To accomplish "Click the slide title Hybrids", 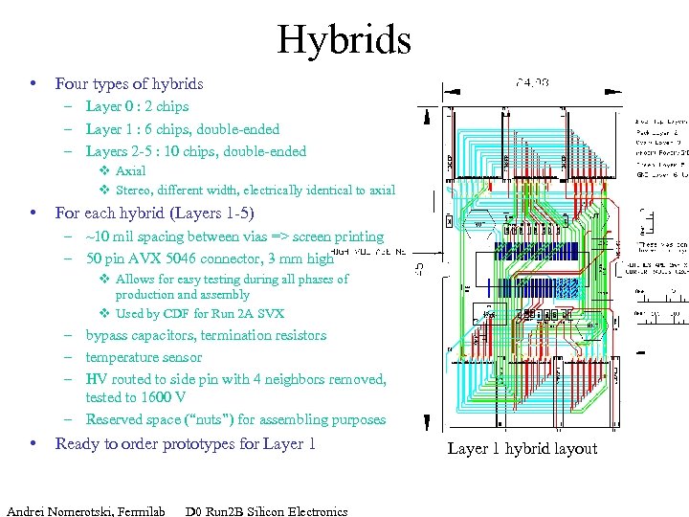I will tap(344, 40).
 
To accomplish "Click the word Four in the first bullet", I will tap(73, 84).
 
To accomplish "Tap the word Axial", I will tap(130, 170).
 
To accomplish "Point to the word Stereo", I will tap(134, 190).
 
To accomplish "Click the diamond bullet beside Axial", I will tap(104, 170).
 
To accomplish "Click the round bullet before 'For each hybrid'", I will tap(33, 212).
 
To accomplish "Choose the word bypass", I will tap(108, 335).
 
